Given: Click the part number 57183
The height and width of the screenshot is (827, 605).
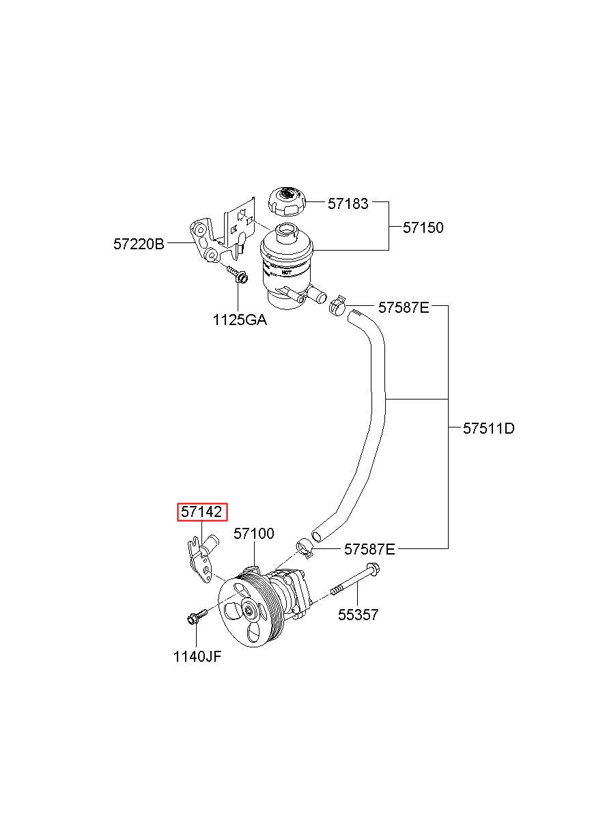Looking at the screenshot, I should [x=348, y=203].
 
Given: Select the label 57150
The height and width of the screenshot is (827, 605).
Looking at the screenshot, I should [x=423, y=227].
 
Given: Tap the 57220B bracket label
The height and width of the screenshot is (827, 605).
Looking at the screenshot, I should [x=139, y=243].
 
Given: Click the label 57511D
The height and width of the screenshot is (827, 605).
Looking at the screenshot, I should [x=488, y=429].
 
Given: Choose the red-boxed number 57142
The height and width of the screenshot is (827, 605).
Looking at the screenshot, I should [x=202, y=512].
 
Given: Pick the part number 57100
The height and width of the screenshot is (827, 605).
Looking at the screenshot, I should [x=254, y=533].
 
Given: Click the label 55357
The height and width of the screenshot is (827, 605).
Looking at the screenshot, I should [x=358, y=615].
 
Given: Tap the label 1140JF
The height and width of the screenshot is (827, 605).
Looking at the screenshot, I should [x=197, y=656].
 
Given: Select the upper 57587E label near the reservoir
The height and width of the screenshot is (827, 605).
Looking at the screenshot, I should [x=404, y=307].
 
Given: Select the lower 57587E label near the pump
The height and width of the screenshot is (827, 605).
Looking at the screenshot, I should [x=369, y=548].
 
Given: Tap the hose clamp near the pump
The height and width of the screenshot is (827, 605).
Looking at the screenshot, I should [x=305, y=546].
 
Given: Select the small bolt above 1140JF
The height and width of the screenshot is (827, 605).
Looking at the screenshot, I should [x=193, y=619].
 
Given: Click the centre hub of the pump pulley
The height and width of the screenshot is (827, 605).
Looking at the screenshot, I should [x=249, y=611].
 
